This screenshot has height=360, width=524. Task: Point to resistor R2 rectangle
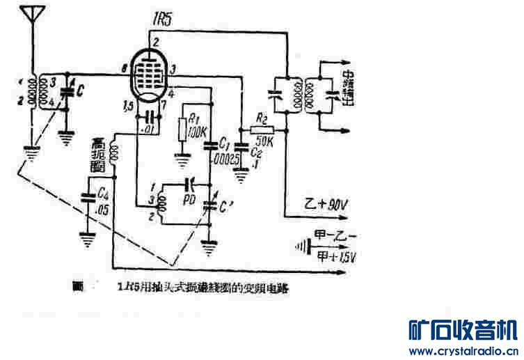click(262, 129)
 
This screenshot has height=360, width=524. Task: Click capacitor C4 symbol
click(88, 196)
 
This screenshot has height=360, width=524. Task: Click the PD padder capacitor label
click(188, 199)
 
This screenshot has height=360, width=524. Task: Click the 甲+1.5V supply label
click(336, 256)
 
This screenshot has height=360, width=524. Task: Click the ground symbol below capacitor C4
click(88, 241)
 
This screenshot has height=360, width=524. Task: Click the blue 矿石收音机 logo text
click(460, 329)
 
